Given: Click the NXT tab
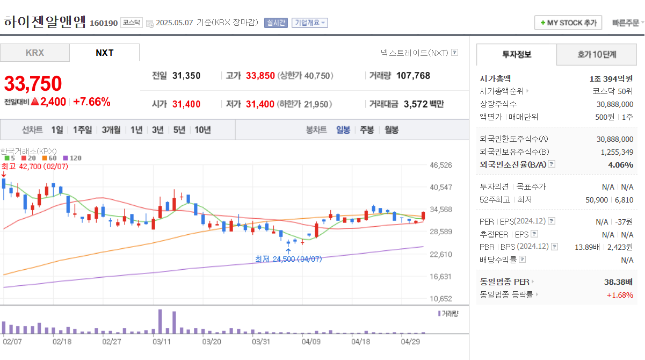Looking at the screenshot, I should [x=104, y=53].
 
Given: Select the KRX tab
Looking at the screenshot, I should [x=35, y=53].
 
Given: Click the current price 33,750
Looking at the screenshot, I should [x=33, y=83].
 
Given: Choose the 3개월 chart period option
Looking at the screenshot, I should [x=111, y=129].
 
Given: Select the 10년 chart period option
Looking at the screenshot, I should [x=202, y=129].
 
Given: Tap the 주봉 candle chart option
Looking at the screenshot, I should [x=367, y=129].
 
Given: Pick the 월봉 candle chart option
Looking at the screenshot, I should [x=391, y=129].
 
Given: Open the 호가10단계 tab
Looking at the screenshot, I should [x=597, y=54].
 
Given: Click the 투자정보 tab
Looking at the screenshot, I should [x=517, y=54].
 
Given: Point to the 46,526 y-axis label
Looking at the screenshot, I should [x=441, y=165].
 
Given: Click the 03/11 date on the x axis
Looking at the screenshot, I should [x=162, y=341].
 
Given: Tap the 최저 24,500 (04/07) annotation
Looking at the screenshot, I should [x=288, y=259].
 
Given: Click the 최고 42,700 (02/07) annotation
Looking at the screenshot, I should [x=35, y=167].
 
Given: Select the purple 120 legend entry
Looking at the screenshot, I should [x=73, y=158].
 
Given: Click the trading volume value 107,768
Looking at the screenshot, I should [x=413, y=76].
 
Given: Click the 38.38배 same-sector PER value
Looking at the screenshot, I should [x=618, y=282].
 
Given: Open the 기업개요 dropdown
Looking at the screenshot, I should [x=309, y=23].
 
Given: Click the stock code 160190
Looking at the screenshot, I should [x=104, y=23].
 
